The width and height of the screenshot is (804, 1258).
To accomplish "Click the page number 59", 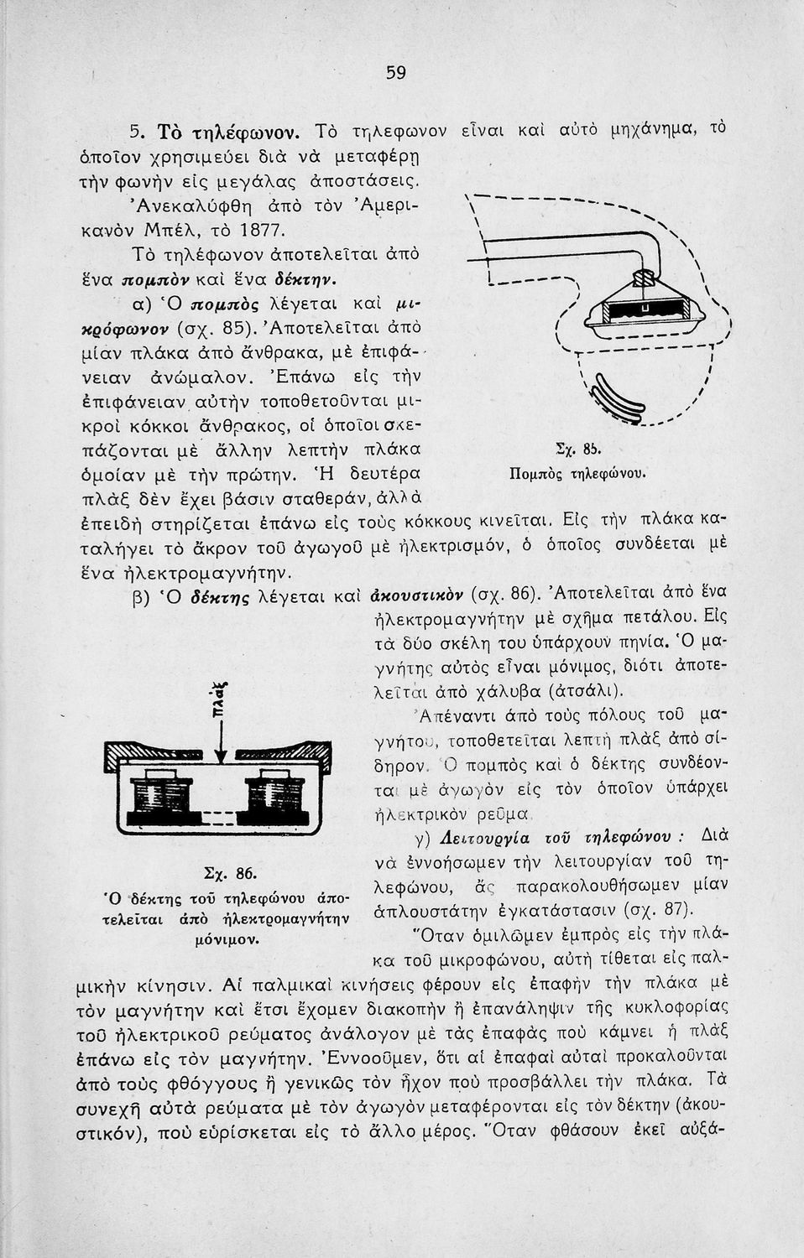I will click(396, 73).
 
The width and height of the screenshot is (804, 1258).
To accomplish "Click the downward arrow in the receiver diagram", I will click(220, 738).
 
